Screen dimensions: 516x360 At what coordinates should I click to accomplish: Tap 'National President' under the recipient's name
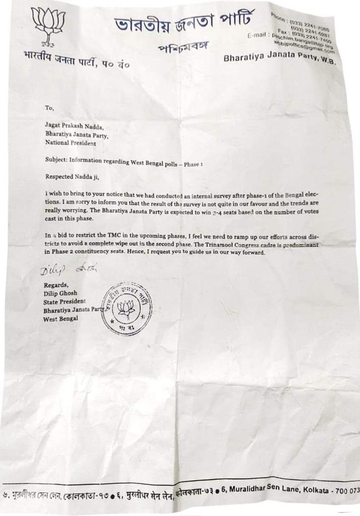click(70, 143)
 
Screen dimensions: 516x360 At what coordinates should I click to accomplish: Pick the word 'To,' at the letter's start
click(49, 108)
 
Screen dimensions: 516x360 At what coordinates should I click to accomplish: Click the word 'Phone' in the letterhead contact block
click(278, 16)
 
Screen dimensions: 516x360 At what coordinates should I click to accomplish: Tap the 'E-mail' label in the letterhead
click(259, 35)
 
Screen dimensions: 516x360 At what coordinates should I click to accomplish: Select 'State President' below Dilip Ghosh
click(65, 301)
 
